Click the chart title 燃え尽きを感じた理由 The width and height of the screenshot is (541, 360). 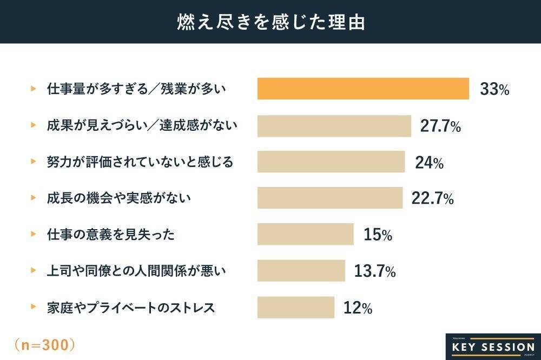tap(270, 21)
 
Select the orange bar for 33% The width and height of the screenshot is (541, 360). tap(362, 89)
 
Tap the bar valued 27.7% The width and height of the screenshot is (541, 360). tap(334, 125)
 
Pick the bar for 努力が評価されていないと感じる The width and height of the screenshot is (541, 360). tap(331, 162)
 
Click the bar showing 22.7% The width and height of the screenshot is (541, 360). tap(329, 198)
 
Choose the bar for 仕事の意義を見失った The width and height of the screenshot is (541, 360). tap(305, 234)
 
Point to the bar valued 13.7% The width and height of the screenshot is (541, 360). tap(301, 271)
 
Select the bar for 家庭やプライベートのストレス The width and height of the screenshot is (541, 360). tap(296, 307)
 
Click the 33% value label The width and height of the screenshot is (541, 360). tap(494, 90)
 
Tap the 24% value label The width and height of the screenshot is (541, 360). tap(430, 162)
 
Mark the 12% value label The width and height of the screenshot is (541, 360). tap(358, 308)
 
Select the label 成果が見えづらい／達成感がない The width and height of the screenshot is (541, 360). tap(142, 125)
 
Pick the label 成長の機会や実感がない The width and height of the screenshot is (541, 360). tap(118, 198)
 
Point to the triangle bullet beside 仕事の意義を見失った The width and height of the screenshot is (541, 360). tap(34, 235)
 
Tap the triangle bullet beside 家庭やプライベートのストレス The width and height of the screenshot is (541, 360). tap(34, 308)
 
